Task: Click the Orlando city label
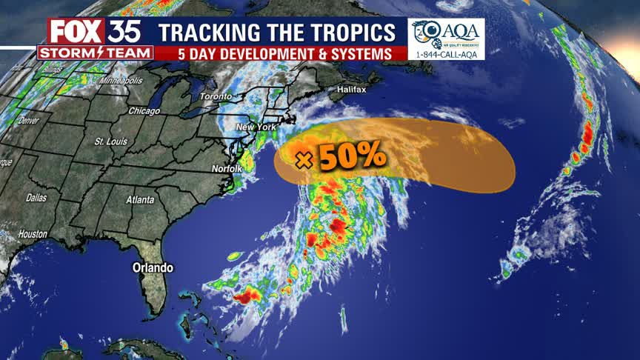pyautogui.click(x=153, y=267)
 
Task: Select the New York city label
pyautogui.click(x=256, y=127)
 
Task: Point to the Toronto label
pyautogui.click(x=216, y=97)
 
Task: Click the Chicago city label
pyautogui.click(x=144, y=111)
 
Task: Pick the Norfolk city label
pyautogui.click(x=227, y=169)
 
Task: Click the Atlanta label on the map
pyautogui.click(x=140, y=200)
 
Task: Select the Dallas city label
pyautogui.click(x=36, y=199)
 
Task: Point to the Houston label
pyautogui.click(x=33, y=234)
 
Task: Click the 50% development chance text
pyautogui.click(x=352, y=158)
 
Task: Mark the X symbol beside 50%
pyautogui.click(x=301, y=159)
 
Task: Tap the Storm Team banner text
pyautogui.click(x=95, y=53)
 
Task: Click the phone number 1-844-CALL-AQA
pyautogui.click(x=446, y=55)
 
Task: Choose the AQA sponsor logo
pyautogui.click(x=445, y=33)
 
